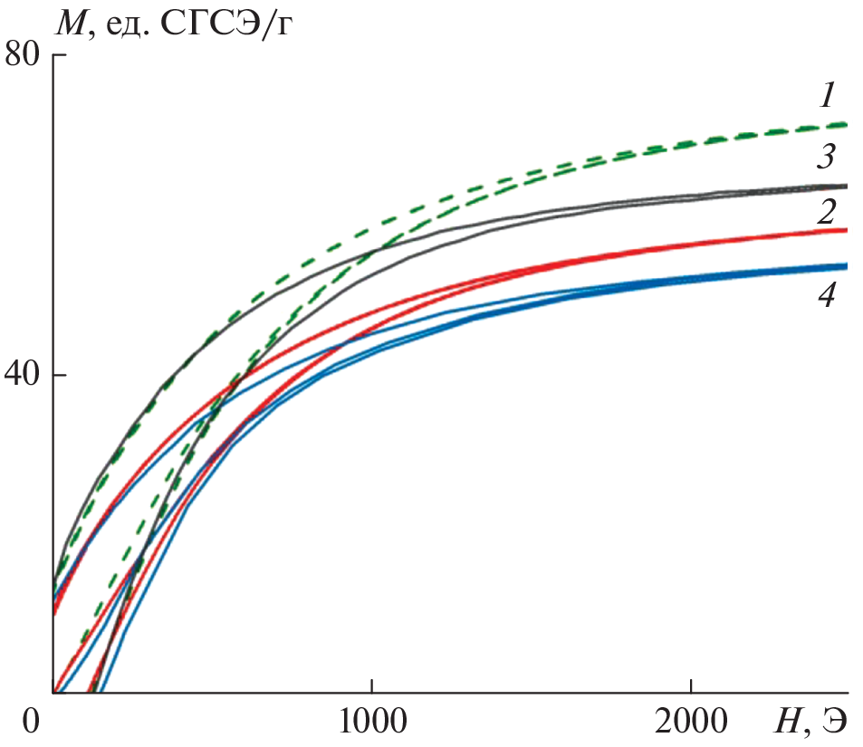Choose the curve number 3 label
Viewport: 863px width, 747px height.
pos(824,157)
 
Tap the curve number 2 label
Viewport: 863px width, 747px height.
pos(824,212)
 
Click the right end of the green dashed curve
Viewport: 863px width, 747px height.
pos(845,124)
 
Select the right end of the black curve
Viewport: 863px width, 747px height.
pos(845,186)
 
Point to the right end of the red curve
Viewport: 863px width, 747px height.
pos(845,230)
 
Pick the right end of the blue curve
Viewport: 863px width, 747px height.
pos(845,266)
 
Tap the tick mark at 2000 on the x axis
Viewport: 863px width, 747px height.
pos(691,687)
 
